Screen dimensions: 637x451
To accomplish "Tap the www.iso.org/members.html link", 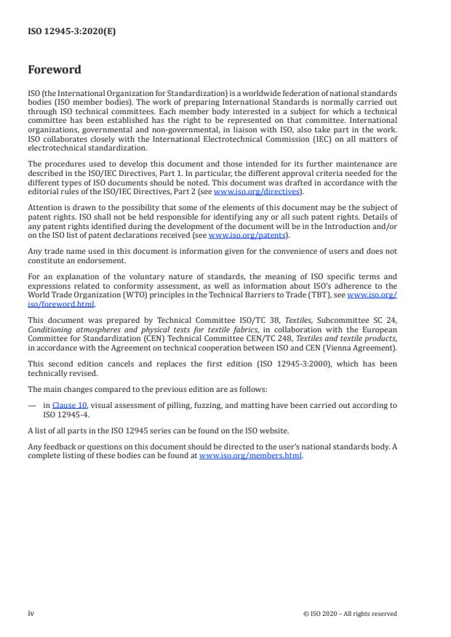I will tap(250, 455).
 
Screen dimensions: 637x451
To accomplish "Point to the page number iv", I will tap(31, 614).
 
